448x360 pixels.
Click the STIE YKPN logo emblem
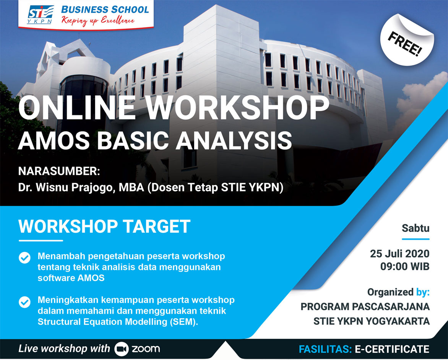tap(40, 14)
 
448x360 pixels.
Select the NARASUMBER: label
tap(59, 171)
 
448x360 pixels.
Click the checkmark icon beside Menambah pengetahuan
tap(24, 257)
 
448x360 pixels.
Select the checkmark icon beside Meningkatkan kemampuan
tap(24, 302)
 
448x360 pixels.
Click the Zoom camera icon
tap(122, 349)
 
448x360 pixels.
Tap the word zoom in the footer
tap(146, 349)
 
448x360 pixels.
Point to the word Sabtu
tap(416, 228)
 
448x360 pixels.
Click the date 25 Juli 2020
tap(400, 254)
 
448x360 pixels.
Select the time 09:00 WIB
tap(405, 267)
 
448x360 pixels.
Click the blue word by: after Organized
tap(423, 292)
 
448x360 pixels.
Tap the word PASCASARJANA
tap(391, 306)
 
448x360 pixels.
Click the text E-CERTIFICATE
tap(392, 349)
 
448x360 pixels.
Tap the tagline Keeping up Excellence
tap(98, 21)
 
